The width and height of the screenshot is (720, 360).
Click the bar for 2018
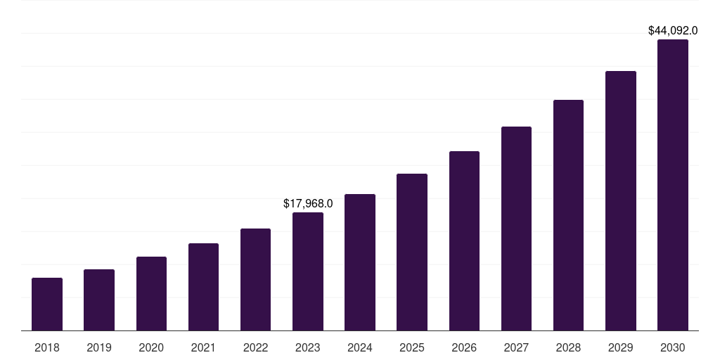click(x=47, y=304)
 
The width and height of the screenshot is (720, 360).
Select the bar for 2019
click(x=99, y=300)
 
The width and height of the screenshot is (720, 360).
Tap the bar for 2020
click(x=151, y=293)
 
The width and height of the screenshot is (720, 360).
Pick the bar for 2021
click(x=203, y=287)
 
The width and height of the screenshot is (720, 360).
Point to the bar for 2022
click(x=255, y=279)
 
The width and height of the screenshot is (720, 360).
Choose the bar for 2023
click(x=308, y=271)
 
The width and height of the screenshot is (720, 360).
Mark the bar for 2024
click(x=360, y=262)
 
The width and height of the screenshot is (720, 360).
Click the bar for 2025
click(x=412, y=252)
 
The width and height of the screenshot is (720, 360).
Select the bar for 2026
click(x=464, y=240)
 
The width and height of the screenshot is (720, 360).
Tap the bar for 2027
click(x=516, y=229)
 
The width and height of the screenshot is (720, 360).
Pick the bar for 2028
click(x=568, y=215)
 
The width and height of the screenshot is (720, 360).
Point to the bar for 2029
click(x=621, y=200)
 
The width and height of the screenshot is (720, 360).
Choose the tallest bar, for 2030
click(x=673, y=185)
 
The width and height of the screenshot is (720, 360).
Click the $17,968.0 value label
click(x=308, y=203)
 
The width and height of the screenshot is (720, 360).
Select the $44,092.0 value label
click(x=673, y=30)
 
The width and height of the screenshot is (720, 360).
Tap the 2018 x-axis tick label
click(x=47, y=347)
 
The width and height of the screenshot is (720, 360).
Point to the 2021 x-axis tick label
click(x=203, y=347)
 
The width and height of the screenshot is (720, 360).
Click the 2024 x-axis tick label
click(x=360, y=347)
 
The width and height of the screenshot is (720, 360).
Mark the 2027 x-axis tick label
click(x=516, y=347)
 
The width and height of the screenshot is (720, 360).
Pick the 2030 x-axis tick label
click(x=673, y=347)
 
